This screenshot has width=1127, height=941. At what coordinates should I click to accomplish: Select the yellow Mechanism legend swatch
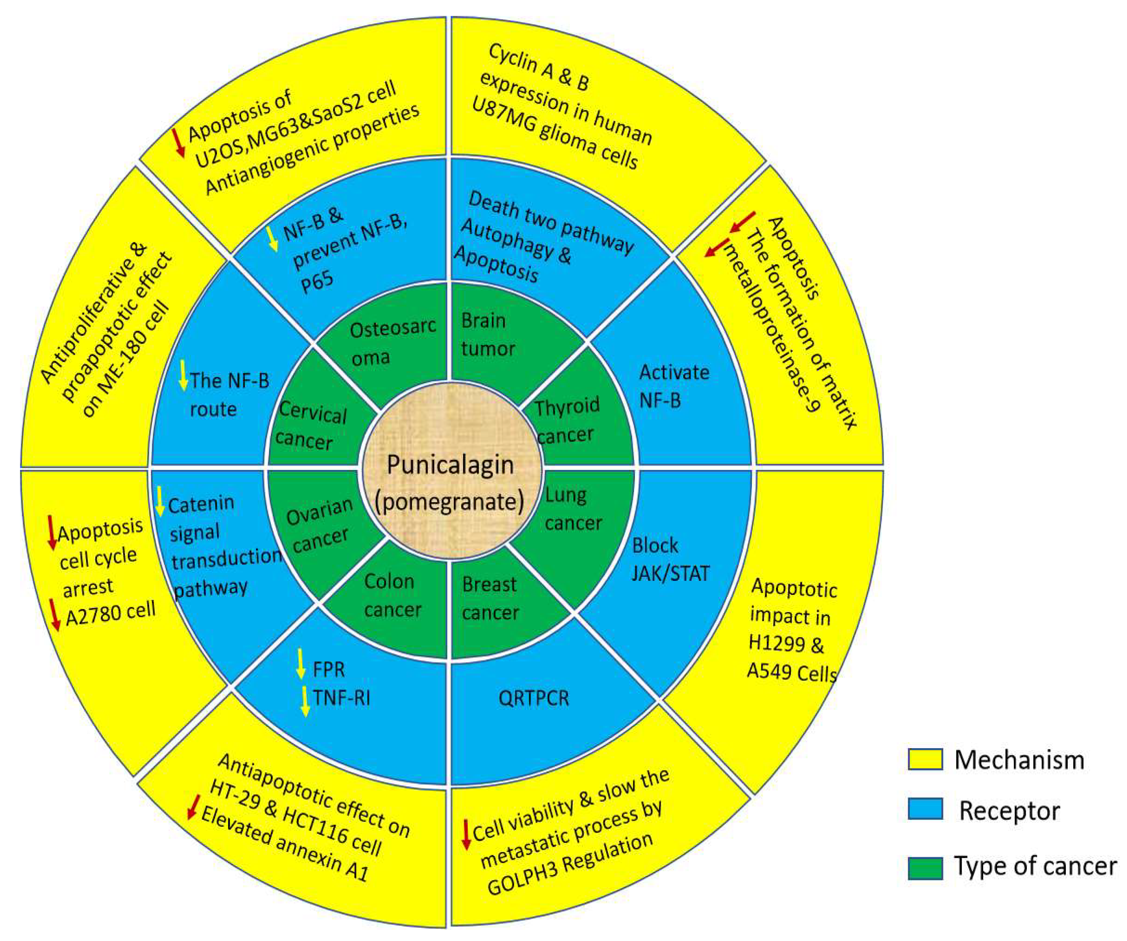click(x=925, y=760)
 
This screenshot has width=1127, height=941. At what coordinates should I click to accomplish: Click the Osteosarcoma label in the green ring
click(x=392, y=342)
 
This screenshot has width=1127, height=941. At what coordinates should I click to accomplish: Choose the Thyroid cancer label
click(x=566, y=421)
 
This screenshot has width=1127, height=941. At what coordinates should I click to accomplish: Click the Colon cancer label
click(x=392, y=596)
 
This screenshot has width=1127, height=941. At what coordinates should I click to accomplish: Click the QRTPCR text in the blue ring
click(x=533, y=698)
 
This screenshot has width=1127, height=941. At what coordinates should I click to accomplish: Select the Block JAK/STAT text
click(x=670, y=560)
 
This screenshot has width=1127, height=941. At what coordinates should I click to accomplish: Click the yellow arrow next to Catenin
click(x=160, y=501)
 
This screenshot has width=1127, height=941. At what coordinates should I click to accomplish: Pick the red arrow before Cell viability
click(x=466, y=834)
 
